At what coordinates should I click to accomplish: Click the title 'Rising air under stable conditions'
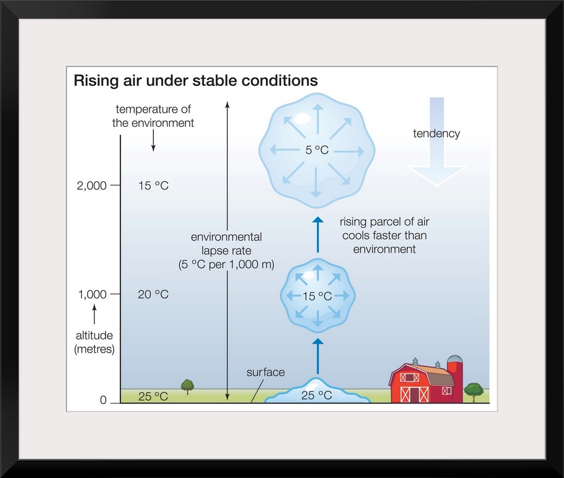click(x=195, y=81)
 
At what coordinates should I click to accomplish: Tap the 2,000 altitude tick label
click(x=92, y=185)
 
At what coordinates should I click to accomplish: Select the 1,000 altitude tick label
click(x=93, y=294)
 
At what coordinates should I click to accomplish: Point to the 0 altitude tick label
click(x=103, y=400)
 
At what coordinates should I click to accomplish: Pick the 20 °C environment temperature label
click(x=153, y=294)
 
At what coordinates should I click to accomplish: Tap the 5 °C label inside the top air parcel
click(x=317, y=150)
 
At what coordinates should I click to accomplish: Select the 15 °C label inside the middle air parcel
click(x=317, y=296)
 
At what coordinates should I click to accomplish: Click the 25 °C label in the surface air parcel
click(x=316, y=395)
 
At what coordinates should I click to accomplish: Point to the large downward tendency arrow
click(x=436, y=142)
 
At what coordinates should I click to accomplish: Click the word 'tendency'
click(x=436, y=134)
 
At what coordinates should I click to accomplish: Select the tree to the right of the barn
click(x=473, y=391)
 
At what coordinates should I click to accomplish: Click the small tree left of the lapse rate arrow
click(x=187, y=387)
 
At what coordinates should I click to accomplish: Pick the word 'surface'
click(x=265, y=372)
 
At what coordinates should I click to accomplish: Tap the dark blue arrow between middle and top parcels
click(x=317, y=234)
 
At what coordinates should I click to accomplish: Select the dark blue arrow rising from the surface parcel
click(x=317, y=356)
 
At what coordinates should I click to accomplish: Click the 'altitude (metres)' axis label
click(x=94, y=342)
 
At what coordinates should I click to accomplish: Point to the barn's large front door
click(x=414, y=394)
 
